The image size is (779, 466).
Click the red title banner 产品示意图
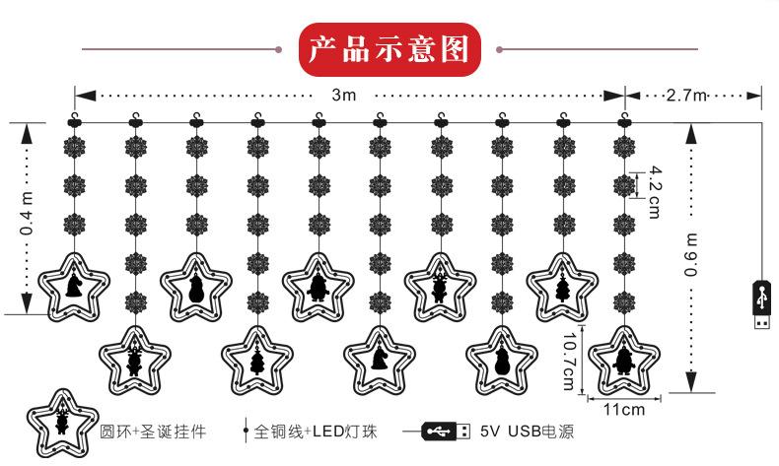click(390, 49)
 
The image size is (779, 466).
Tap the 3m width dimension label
click(344, 95)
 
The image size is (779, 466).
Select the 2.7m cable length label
click(686, 95)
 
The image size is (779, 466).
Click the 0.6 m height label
click(691, 254)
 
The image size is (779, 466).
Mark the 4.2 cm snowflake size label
click(656, 192)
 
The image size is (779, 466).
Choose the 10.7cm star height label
click(569, 362)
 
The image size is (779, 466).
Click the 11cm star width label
click(624, 410)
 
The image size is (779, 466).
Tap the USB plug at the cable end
click(762, 303)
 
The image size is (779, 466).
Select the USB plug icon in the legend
click(446, 431)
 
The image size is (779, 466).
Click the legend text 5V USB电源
click(528, 431)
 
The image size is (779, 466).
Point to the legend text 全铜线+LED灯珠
click(316, 431)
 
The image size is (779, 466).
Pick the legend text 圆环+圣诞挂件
click(153, 431)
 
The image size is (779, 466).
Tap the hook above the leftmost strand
click(75, 119)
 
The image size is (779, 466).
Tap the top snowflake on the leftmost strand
click(75, 147)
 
